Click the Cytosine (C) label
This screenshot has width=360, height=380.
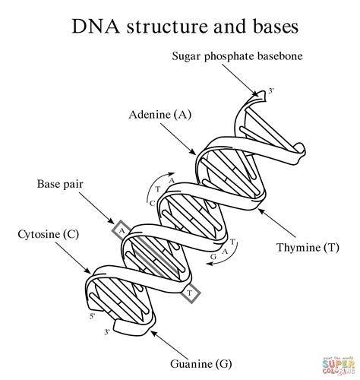point(44,234)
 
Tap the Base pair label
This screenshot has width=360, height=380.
point(60,184)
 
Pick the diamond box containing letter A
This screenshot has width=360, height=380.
point(120,228)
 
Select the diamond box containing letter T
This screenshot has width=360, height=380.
point(191,291)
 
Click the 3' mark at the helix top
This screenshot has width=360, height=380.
point(270,91)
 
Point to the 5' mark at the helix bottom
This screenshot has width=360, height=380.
point(93,315)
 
